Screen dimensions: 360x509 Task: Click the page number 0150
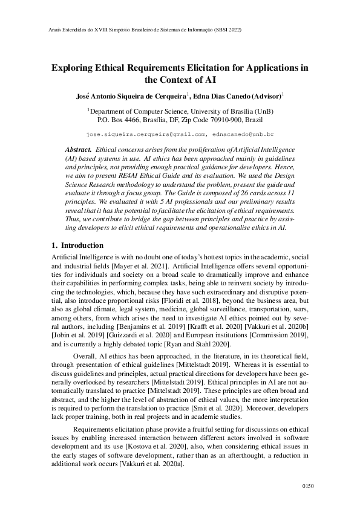[x=308, y=485]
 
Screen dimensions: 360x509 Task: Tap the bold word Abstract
[x=78, y=149]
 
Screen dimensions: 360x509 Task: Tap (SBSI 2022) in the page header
[x=228, y=29]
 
